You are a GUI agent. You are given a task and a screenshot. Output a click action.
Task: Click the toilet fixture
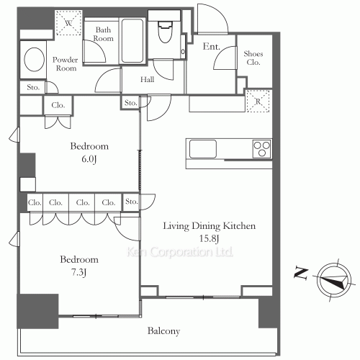point(165,31)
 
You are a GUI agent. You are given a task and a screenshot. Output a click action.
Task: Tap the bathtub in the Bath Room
point(132,41)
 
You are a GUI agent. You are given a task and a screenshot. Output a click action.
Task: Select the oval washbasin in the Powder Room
point(34,59)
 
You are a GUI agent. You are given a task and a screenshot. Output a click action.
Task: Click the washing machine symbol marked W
point(68,23)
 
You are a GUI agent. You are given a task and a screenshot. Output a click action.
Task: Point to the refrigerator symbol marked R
point(258,102)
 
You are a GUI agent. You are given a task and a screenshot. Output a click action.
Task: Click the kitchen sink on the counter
point(203,149)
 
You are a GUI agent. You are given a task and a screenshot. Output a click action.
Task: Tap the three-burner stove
point(262,149)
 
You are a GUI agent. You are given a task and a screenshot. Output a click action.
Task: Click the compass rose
point(334,280)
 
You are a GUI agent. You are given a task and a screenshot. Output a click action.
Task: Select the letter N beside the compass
point(301,274)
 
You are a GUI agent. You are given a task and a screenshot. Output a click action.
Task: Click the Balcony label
point(163,331)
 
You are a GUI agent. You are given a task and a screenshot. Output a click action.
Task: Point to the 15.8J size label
point(210,238)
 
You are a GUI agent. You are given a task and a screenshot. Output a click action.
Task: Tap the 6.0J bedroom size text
point(89,159)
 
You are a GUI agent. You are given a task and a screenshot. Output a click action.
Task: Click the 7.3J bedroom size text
point(78,272)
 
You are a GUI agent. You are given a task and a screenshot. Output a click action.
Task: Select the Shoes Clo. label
point(253,58)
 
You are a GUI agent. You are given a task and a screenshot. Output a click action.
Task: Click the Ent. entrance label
point(212,46)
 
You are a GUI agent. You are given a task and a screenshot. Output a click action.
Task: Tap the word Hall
point(147,79)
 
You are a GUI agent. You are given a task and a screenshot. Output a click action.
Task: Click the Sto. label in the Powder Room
point(33,87)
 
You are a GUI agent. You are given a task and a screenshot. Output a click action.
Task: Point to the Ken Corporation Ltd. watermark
point(180,252)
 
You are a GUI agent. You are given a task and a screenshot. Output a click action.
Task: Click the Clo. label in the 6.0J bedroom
point(58,105)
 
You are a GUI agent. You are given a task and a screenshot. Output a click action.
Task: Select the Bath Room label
point(103,34)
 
